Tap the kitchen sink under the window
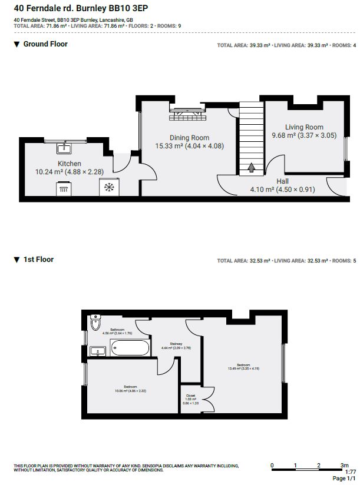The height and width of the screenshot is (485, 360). pos(66,147)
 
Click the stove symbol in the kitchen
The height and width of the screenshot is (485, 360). pos(64,188)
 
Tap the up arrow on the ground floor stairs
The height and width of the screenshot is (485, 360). pos(251,168)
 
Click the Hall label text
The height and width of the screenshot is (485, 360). pos(282,182)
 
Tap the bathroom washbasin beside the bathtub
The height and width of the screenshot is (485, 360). pos(97,351)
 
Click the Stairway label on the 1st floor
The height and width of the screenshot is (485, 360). pos(176,345)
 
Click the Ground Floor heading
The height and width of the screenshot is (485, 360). pos(45,44)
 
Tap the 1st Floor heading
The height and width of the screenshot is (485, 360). pos(38,260)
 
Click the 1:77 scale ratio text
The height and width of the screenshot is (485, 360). pos(350,472)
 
